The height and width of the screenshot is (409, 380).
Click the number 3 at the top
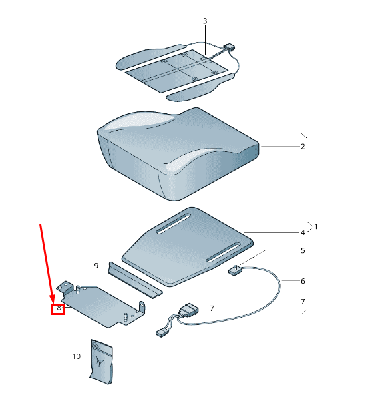[x=205, y=21]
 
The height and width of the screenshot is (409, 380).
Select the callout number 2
[x=303, y=147]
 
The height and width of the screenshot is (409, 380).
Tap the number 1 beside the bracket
[x=316, y=226]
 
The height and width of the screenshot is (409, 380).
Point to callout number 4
[x=303, y=232]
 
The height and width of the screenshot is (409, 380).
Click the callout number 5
[x=303, y=250]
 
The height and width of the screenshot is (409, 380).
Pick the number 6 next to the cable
[x=303, y=281]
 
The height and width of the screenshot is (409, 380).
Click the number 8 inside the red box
[x=59, y=308]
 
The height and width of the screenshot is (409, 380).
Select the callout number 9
[x=96, y=266]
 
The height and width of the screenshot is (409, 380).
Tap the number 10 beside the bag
[x=77, y=356]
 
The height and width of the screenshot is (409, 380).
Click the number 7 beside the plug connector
[x=212, y=308]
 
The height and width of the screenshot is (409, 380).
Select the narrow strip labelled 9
[x=135, y=280]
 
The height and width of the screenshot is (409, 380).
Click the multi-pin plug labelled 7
[x=188, y=310]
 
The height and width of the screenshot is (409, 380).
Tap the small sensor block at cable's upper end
[x=236, y=270]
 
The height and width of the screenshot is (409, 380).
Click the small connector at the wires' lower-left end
[x=162, y=333]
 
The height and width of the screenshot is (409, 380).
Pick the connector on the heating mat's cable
[x=229, y=47]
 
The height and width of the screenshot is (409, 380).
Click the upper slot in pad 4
[x=174, y=224]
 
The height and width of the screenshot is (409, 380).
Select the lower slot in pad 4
[x=224, y=252]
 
